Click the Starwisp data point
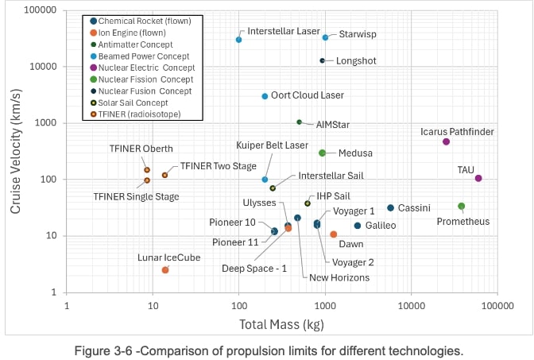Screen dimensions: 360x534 325,37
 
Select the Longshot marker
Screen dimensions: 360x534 323,60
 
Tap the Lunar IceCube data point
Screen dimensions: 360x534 165,270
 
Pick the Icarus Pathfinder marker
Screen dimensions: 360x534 446,141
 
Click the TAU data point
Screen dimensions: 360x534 478,178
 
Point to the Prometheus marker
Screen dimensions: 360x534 462,207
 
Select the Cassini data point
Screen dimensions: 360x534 390,208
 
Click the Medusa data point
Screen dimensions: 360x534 322,153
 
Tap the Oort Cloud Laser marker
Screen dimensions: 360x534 265,96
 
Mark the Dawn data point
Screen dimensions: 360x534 334,234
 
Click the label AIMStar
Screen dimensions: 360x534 333,125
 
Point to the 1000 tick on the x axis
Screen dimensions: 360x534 325,304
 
